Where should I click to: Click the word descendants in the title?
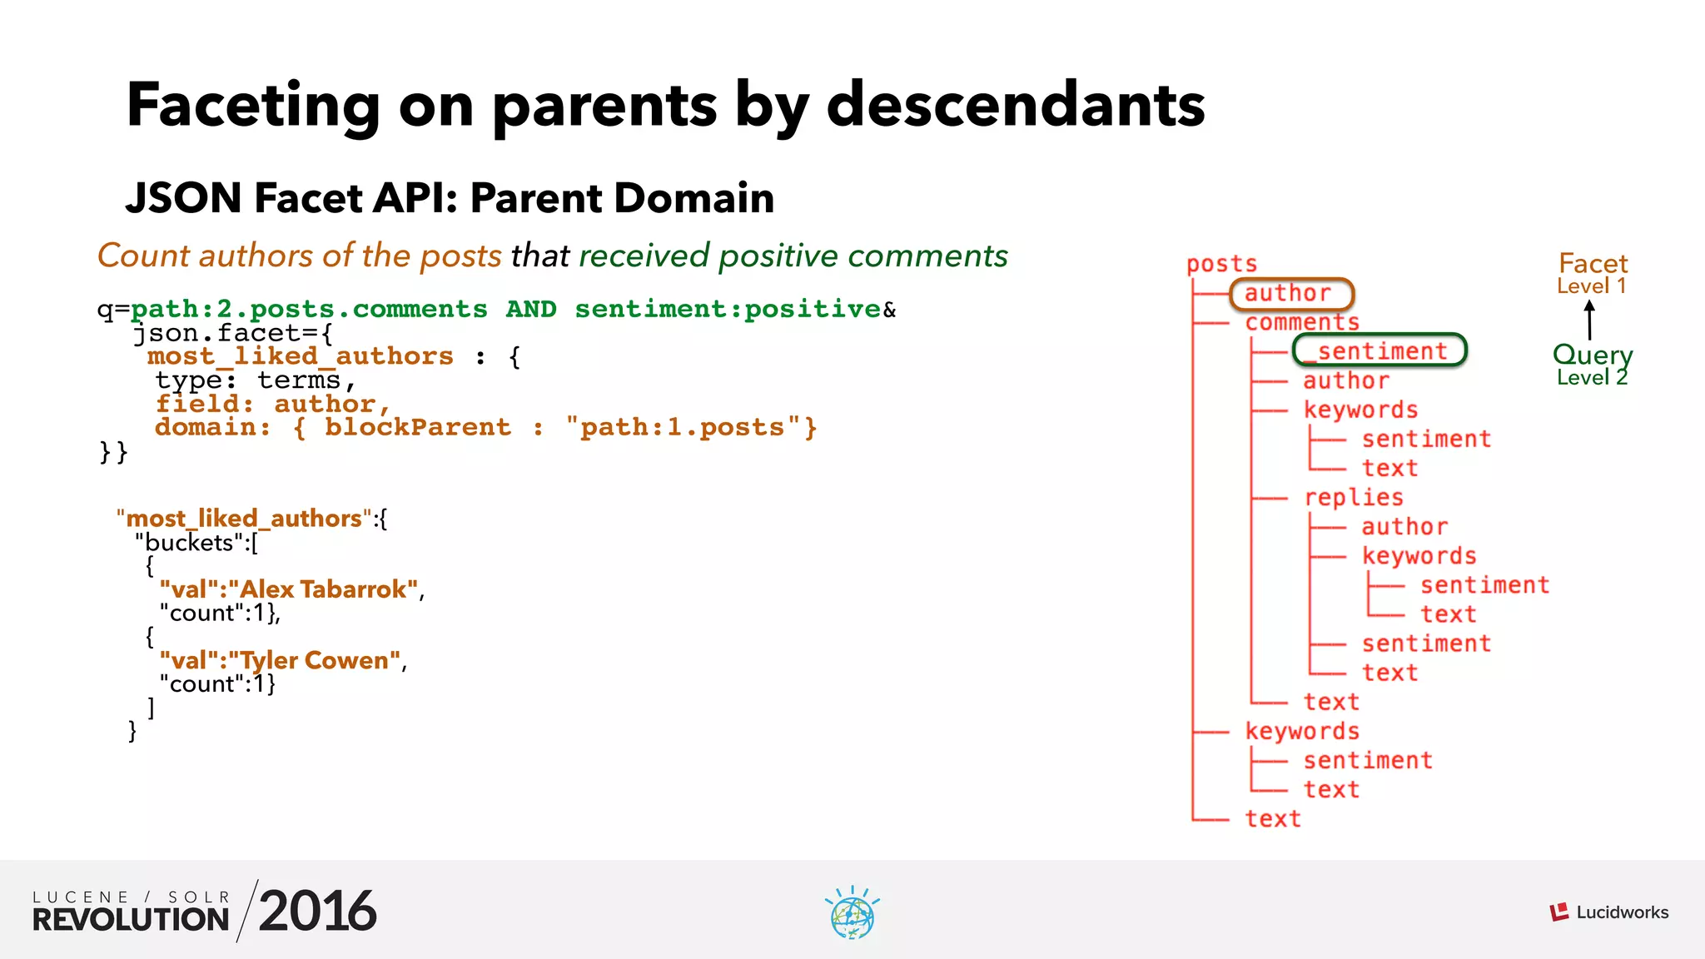(1016, 106)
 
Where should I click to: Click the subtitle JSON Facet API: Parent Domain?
(450, 198)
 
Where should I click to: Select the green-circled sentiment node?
(1379, 350)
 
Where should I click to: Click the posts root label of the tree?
(1221, 264)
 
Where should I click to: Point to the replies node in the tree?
(1354, 497)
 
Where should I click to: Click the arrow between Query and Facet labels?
(1589, 320)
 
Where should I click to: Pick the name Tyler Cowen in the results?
(315, 660)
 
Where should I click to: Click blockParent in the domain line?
(417, 427)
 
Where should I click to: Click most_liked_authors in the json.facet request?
(301, 356)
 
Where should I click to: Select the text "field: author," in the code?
(273, 404)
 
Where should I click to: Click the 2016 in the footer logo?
(317, 911)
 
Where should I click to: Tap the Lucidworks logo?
(1608, 912)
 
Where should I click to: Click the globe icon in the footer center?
(852, 914)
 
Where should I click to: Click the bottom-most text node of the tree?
(1272, 818)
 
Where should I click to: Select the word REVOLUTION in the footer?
(131, 919)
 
